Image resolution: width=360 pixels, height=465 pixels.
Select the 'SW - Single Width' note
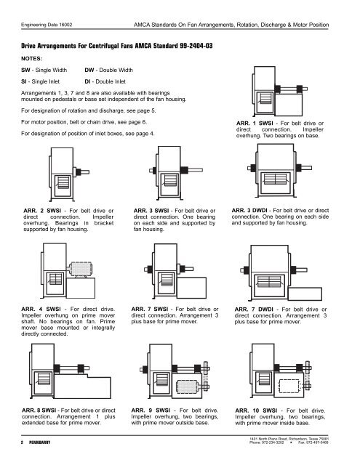point(43,69)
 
